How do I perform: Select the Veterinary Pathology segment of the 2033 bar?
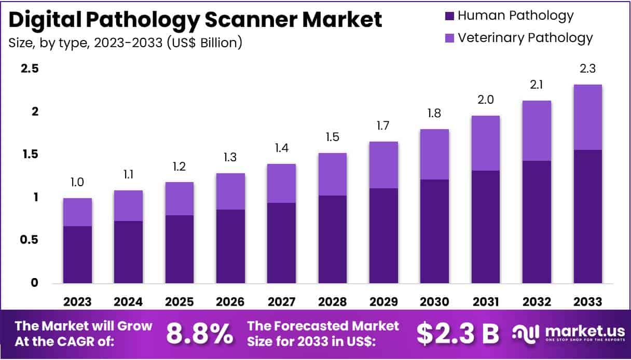coord(587,117)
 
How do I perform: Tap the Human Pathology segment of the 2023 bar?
coord(78,255)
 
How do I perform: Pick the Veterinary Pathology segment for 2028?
coord(332,174)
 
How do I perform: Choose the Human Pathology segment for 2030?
coord(434,231)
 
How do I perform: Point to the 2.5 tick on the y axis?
coord(30,69)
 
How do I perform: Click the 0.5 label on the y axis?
coord(30,240)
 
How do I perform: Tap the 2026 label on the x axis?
coord(230,302)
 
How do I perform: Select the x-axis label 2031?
coord(485,302)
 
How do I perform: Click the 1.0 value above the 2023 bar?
coord(77,183)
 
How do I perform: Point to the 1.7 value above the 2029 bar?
coord(383,126)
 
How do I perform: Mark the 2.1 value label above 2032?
coord(537,85)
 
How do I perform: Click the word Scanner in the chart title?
coord(249,20)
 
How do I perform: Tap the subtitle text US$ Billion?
coord(206,43)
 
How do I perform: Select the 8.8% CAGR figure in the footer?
coord(199,334)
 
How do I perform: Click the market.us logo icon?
coord(525,334)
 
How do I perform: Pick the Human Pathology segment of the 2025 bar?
coord(180,249)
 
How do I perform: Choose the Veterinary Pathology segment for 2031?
coord(485,143)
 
